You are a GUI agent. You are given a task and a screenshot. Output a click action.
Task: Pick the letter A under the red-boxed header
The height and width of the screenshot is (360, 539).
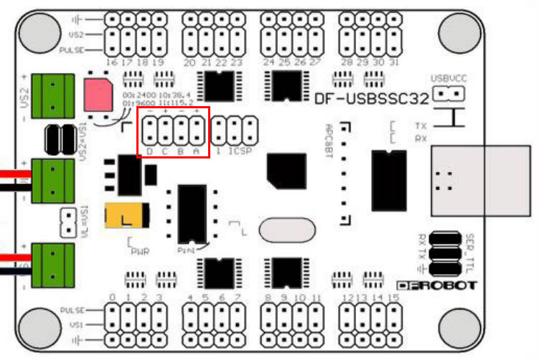(x=195, y=151)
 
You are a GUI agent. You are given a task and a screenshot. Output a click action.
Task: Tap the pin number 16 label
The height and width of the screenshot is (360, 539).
(x=111, y=63)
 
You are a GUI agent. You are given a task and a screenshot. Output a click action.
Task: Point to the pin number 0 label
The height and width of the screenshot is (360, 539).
(x=112, y=297)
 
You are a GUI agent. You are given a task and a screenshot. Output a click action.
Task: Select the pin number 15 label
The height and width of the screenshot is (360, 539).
(x=393, y=297)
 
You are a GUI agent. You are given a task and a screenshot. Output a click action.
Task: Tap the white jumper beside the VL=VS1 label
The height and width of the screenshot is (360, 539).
(x=70, y=222)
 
